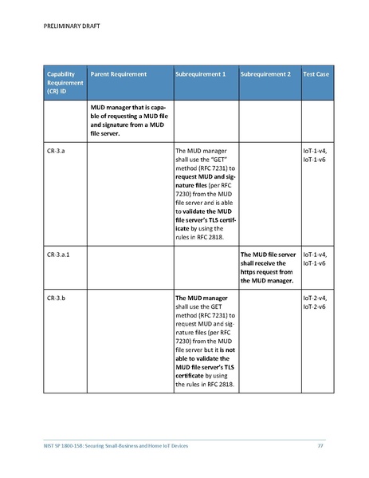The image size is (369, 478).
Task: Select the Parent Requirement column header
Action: pyautogui.click(x=119, y=74)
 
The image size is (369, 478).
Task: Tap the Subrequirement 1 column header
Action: pyautogui.click(x=200, y=74)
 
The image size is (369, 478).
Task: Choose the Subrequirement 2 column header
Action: pyautogui.click(x=265, y=74)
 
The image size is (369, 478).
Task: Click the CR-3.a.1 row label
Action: pyautogui.click(x=59, y=255)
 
